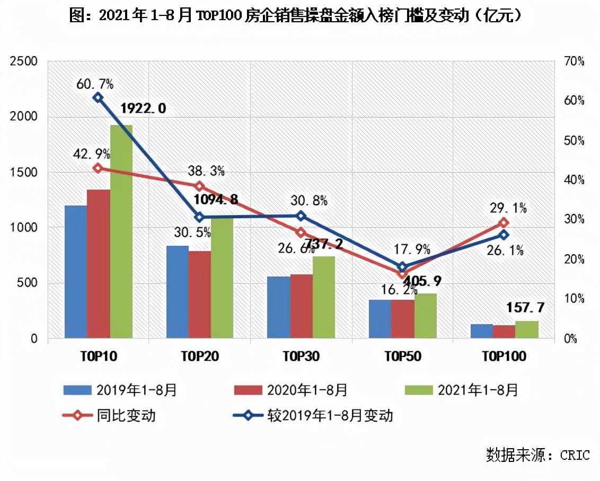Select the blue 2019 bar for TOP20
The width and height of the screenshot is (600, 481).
pos(178,292)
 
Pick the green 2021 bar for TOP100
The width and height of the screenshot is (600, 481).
pos(526,329)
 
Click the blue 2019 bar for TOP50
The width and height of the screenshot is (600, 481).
pos(380,319)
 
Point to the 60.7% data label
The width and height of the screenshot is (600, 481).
pos(95,83)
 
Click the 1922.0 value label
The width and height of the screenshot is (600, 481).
pos(143,109)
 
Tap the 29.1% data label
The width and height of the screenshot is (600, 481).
pos(508,208)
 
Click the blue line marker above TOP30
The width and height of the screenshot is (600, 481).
pos(301,216)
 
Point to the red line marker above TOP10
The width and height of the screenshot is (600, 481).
pos(98,168)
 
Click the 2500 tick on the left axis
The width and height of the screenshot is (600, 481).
pos(24,62)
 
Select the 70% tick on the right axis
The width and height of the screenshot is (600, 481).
pos(573,62)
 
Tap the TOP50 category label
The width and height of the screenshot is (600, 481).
pos(403,357)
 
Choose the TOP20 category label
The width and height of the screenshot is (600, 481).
pos(199,357)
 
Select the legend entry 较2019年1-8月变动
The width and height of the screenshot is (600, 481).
pos(329,415)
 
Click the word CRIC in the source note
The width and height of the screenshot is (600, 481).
pos(575,455)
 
